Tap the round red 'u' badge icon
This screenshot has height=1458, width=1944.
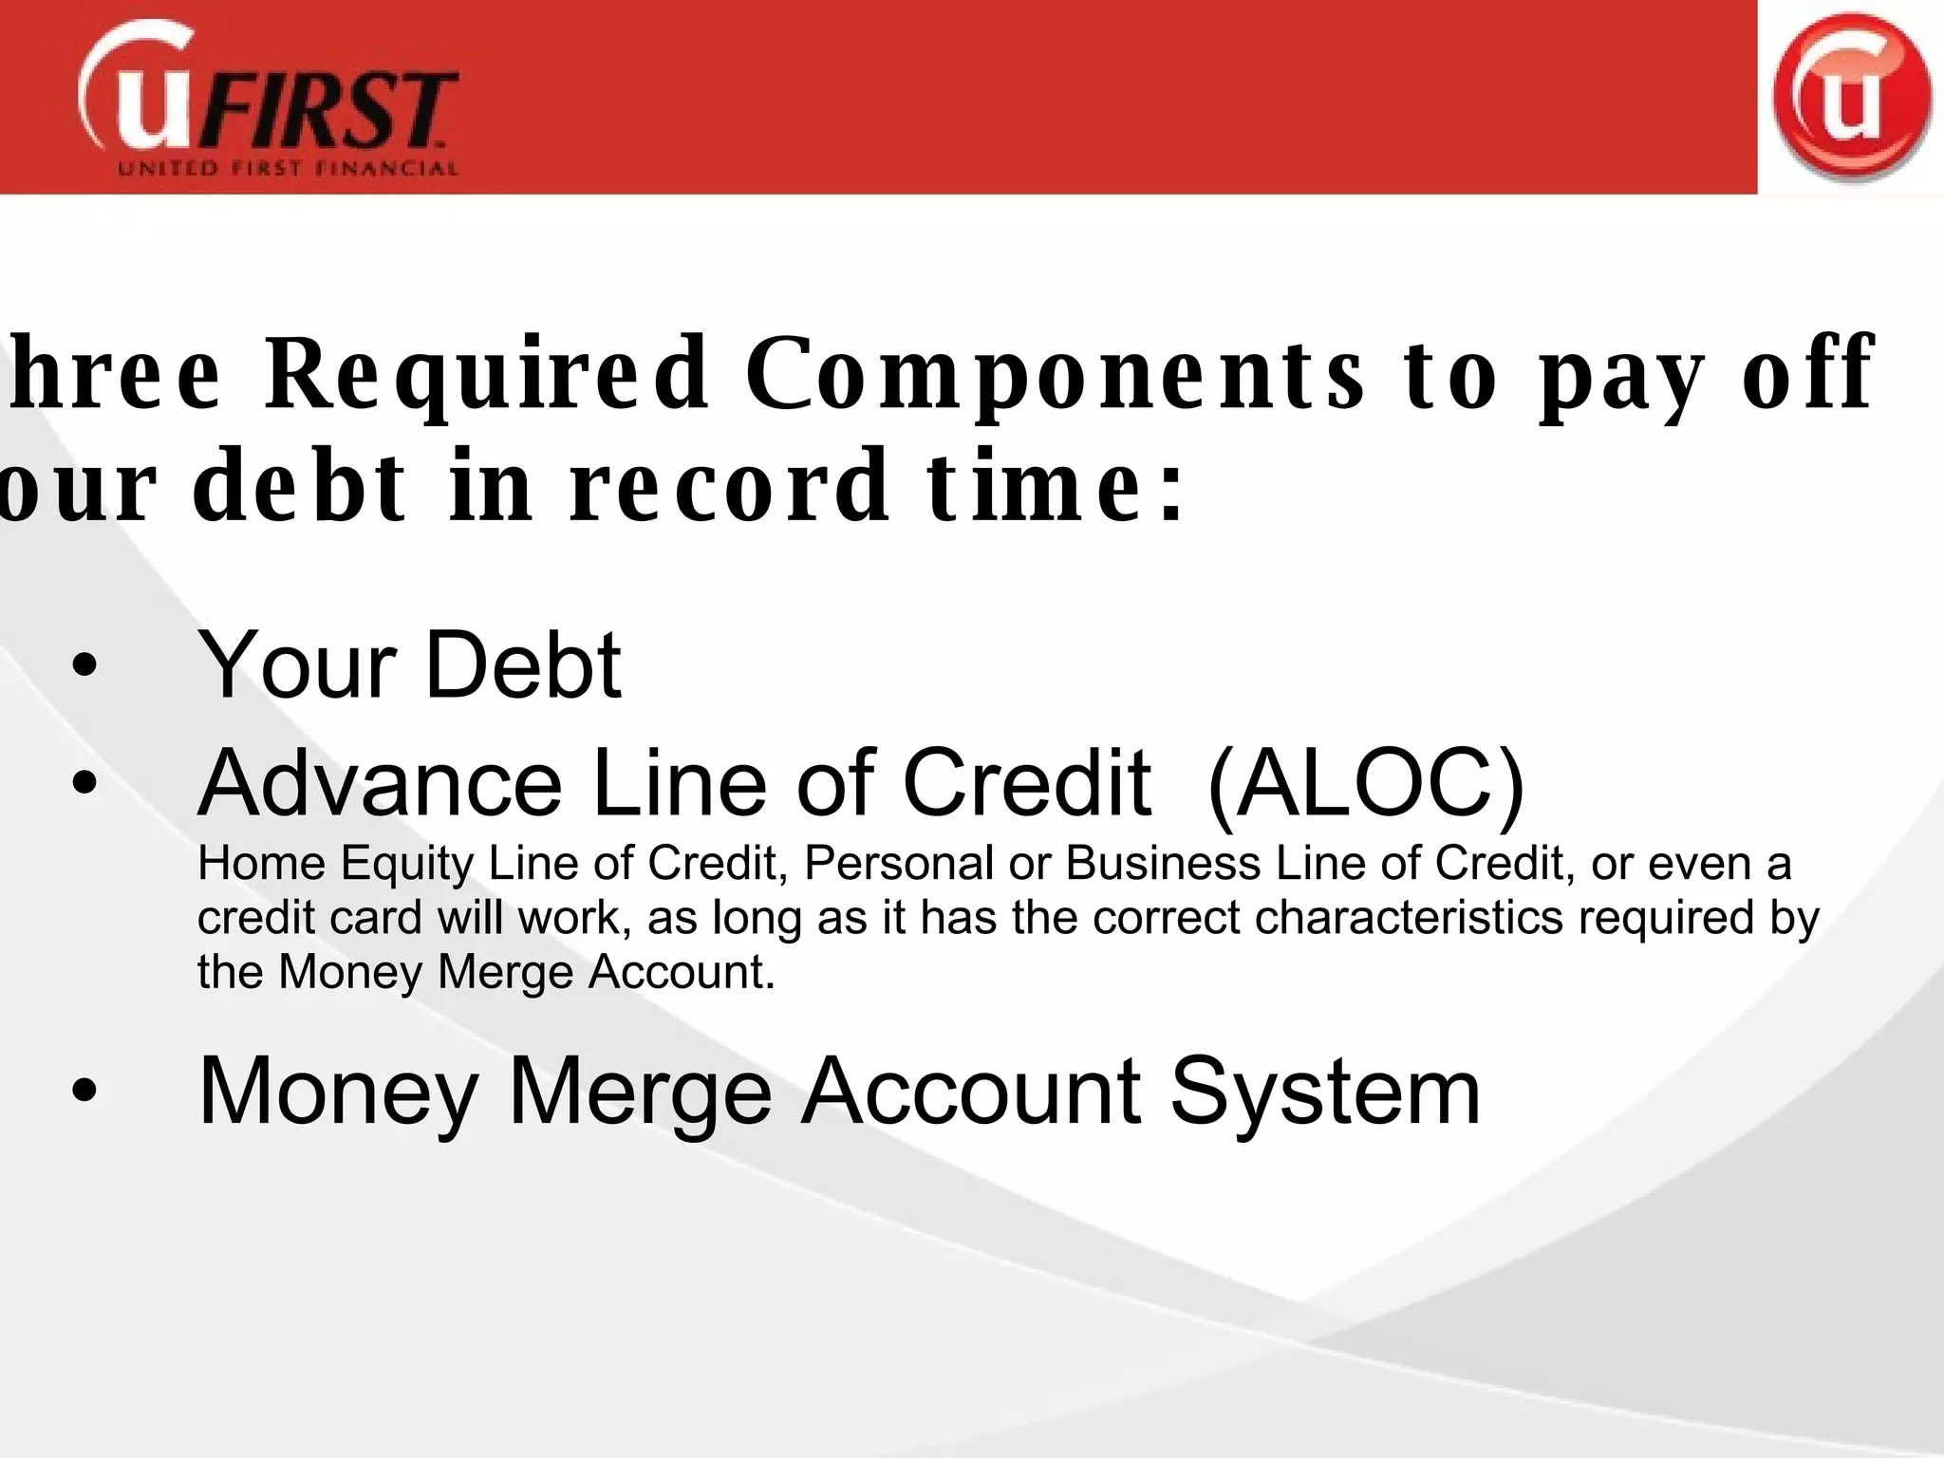pos(1851,98)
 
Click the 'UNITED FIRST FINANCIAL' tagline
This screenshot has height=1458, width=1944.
pos(288,169)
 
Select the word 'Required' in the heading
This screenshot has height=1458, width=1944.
pos(487,374)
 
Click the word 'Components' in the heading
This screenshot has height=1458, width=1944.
pos(1056,374)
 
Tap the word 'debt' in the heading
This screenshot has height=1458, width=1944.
pos(300,486)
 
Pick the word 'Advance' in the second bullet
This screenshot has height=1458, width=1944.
pos(380,783)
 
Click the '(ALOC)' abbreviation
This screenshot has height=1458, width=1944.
pos(1366,784)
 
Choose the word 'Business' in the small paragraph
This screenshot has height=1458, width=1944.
pos(1164,864)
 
